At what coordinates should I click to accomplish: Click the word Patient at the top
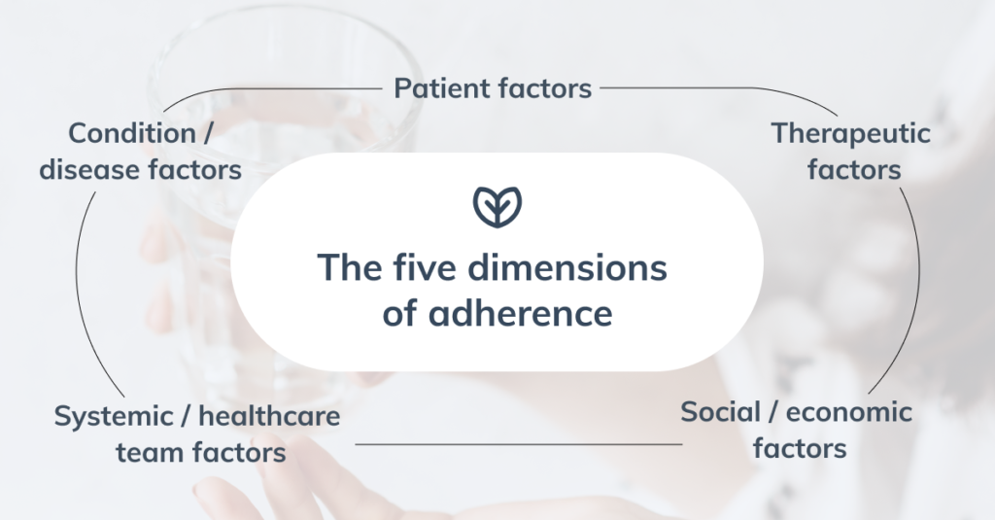point(441,87)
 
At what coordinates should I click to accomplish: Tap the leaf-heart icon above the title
point(497,206)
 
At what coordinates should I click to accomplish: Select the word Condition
point(132,133)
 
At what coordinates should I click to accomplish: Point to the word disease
point(89,169)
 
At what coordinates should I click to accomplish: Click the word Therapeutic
point(851,134)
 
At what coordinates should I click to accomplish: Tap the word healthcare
point(269,416)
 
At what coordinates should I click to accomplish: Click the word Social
point(720,411)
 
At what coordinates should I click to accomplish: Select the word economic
point(849,413)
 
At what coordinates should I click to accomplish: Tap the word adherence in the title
point(521,312)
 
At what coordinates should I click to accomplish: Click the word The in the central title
point(350,267)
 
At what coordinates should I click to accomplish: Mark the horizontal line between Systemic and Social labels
point(519,444)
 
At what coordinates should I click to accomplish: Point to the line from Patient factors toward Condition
point(266,89)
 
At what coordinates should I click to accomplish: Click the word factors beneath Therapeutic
point(854,170)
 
